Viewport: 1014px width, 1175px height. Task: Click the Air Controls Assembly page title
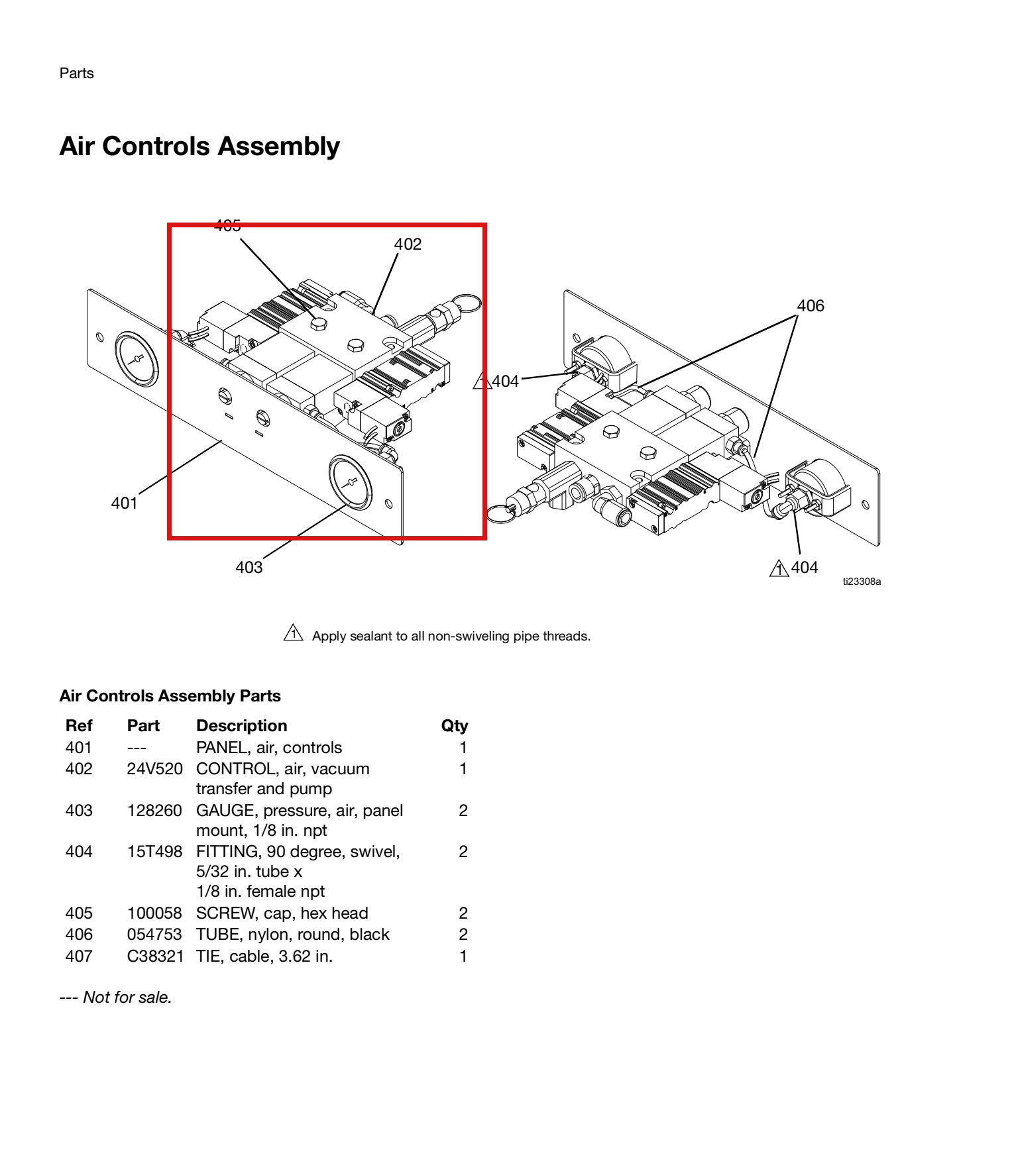pyautogui.click(x=199, y=146)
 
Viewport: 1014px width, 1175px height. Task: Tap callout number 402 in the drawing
pyautogui.click(x=408, y=244)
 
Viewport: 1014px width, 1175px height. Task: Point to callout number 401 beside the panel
pyautogui.click(x=124, y=503)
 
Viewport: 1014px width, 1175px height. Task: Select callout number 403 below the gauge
pyautogui.click(x=249, y=567)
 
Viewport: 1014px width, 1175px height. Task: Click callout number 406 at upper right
pyautogui.click(x=811, y=306)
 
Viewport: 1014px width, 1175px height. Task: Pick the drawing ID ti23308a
pyautogui.click(x=862, y=582)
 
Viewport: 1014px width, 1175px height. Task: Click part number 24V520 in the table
pyautogui.click(x=154, y=769)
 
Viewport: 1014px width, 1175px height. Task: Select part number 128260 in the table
pyautogui.click(x=154, y=811)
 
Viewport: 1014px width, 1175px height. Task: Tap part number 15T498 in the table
pyautogui.click(x=154, y=852)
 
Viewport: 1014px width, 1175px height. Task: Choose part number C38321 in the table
pyautogui.click(x=155, y=956)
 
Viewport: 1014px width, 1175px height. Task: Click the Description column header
pyautogui.click(x=241, y=726)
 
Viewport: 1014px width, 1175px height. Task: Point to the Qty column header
pyautogui.click(x=455, y=726)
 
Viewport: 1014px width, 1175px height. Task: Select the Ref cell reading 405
pyautogui.click(x=79, y=913)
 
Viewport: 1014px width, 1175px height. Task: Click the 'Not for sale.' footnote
pyautogui.click(x=115, y=997)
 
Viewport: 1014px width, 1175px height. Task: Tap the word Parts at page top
pyautogui.click(x=76, y=73)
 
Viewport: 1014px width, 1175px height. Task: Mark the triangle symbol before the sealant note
pyautogui.click(x=293, y=633)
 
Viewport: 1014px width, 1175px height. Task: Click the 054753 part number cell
pyautogui.click(x=154, y=935)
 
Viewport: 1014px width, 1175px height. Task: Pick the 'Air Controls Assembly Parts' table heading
pyautogui.click(x=170, y=696)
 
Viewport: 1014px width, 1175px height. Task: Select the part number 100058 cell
pyautogui.click(x=154, y=913)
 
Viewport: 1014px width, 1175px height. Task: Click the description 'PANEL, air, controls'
pyautogui.click(x=269, y=748)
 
